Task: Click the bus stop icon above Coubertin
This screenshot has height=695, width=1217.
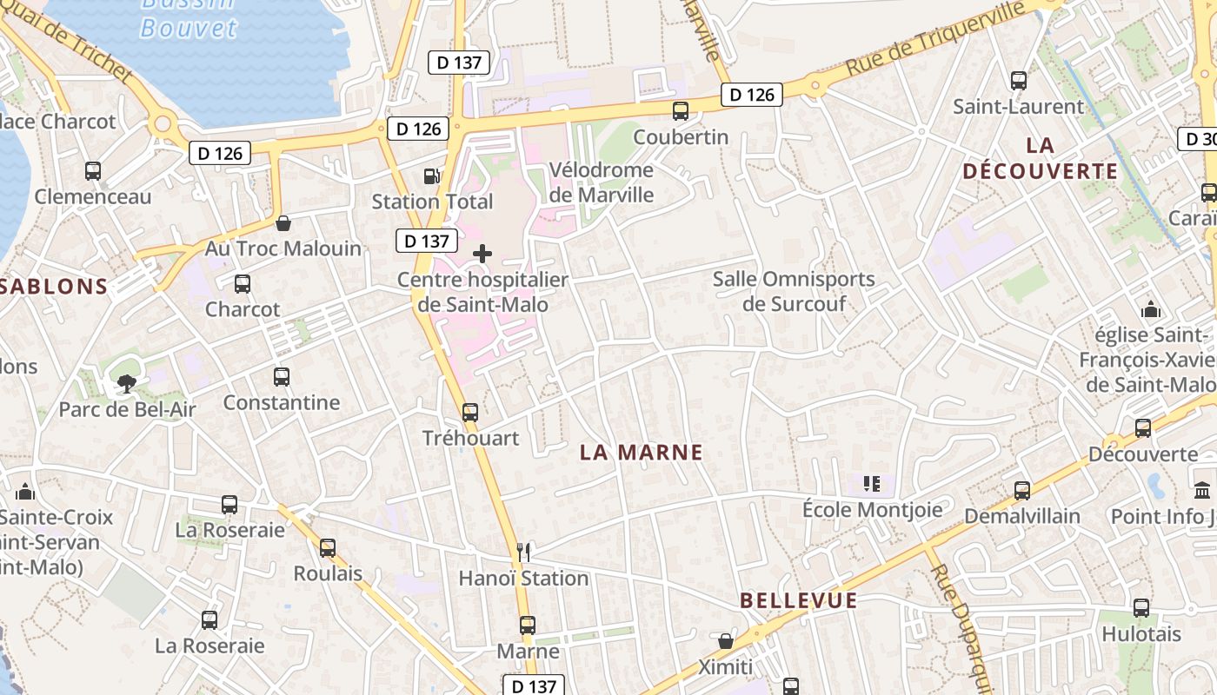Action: pos(681,110)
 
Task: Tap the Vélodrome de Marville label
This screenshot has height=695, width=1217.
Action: pos(602,182)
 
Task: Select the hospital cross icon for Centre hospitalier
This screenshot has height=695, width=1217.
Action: pos(482,254)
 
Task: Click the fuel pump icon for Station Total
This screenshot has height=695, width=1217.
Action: pos(431,176)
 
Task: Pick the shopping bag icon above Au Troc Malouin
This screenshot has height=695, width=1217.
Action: pos(283,223)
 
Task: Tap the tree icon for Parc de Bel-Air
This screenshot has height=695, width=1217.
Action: pos(127,383)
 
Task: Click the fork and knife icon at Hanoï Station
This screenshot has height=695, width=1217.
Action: pos(523,552)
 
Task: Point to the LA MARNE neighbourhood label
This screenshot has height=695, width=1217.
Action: pos(641,452)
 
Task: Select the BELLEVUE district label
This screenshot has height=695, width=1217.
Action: pos(799,600)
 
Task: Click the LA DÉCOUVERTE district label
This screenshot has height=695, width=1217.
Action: pos(1040,158)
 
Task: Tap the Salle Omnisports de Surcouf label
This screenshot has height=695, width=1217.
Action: pos(794,291)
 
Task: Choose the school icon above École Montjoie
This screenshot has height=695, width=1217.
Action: pos(872,484)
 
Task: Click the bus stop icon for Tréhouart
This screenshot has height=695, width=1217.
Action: pos(470,413)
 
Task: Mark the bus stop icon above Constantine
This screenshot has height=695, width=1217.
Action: pos(282,377)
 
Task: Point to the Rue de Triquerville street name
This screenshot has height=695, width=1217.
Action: pos(935,37)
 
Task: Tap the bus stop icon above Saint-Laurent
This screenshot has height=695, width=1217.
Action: pos(1019,81)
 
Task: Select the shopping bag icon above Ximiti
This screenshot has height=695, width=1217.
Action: pos(726,641)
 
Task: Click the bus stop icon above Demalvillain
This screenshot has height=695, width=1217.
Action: pos(1022,491)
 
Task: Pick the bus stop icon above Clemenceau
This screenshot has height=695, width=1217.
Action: pos(93,171)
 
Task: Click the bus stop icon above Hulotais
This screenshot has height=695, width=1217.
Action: pos(1141,608)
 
